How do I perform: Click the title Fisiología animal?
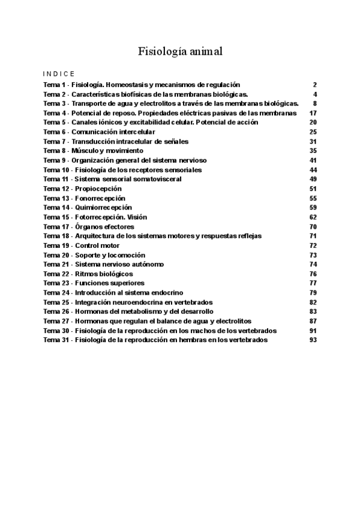coord(180,52)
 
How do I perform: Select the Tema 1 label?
coord(55,85)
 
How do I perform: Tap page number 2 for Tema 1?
coord(314,85)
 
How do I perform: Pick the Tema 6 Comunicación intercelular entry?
coord(99,131)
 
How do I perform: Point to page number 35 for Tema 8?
coord(313,150)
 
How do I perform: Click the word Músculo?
coord(86,150)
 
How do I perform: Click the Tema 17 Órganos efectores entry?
coord(89,226)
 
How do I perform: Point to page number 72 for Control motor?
coord(313,245)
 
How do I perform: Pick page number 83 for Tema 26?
coord(313,311)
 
